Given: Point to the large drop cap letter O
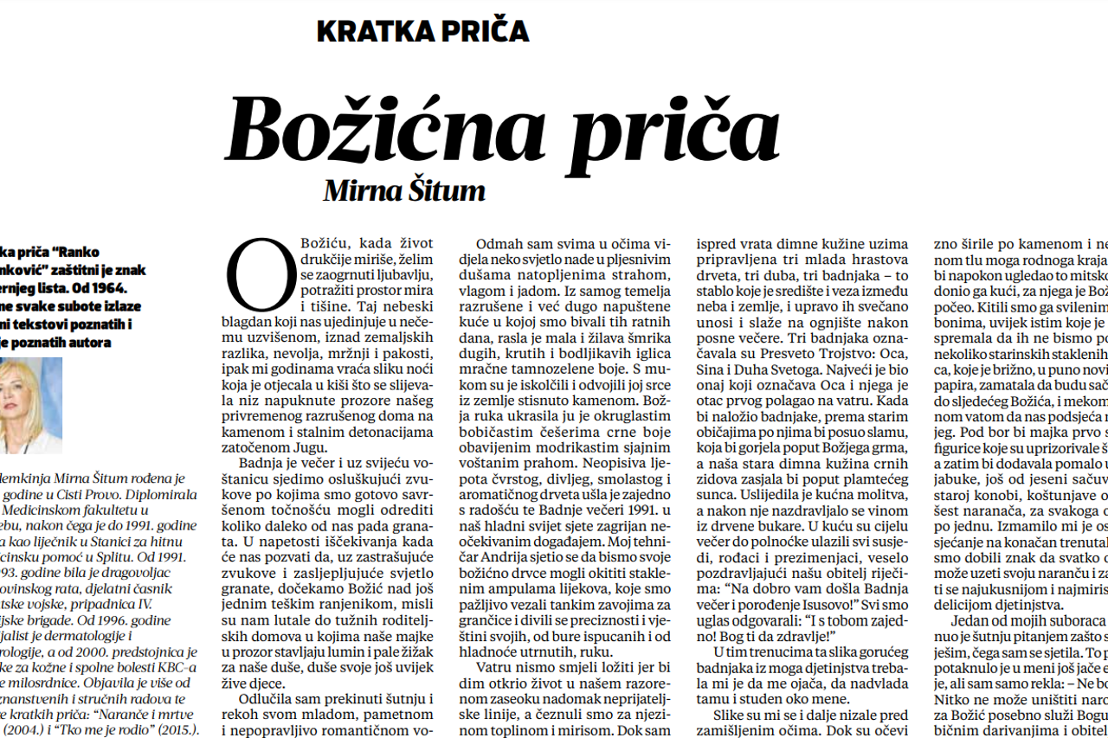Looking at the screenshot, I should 257,276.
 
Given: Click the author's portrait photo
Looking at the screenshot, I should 29,405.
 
